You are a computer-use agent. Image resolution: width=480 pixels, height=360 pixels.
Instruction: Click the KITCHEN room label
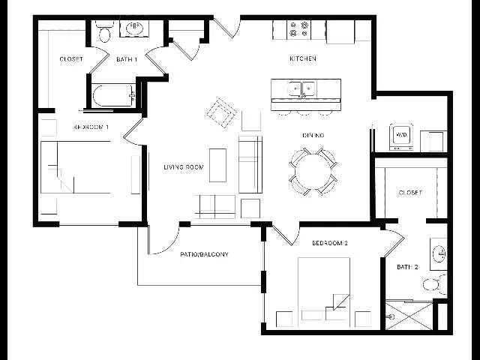303,58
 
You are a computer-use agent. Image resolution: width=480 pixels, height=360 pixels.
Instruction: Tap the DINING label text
313,135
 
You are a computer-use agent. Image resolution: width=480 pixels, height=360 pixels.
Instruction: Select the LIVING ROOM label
184,167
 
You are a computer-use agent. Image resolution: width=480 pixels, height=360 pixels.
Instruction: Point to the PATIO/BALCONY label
204,254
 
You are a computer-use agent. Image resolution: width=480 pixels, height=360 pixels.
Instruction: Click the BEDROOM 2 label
330,243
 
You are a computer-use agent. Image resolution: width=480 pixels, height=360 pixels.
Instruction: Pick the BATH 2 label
407,267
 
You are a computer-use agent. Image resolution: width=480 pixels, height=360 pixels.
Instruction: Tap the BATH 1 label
127,59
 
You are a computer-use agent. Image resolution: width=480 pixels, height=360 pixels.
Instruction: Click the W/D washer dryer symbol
401,136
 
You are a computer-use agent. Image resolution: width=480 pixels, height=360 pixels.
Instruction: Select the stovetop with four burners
298,29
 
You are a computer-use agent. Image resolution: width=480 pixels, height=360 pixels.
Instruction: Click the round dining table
313,172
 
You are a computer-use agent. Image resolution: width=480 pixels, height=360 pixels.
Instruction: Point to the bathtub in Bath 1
114,96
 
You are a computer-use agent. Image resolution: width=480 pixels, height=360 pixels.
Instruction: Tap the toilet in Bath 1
104,31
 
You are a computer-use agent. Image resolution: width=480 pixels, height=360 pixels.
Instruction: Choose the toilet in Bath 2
434,284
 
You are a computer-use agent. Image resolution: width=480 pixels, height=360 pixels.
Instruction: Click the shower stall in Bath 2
409,316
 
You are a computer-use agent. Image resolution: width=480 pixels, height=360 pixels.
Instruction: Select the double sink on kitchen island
302,88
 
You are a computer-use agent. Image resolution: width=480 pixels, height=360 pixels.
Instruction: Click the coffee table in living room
218,165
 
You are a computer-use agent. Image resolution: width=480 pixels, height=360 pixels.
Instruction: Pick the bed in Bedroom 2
324,292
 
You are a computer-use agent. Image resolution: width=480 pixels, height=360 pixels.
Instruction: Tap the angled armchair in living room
222,112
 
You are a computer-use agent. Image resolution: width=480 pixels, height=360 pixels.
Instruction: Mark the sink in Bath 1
134,28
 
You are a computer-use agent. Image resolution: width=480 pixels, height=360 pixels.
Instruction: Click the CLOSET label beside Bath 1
71,58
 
